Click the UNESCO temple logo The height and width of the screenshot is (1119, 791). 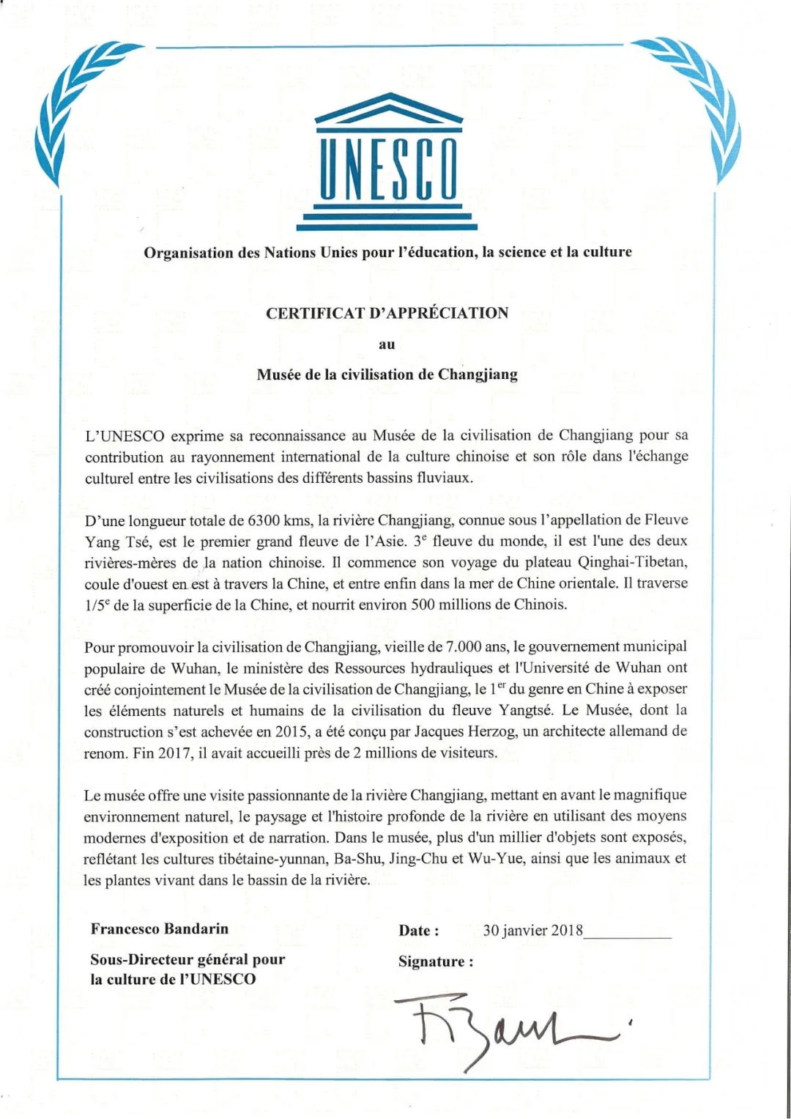[388, 161]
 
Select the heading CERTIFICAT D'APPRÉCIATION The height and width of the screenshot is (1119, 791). [387, 314]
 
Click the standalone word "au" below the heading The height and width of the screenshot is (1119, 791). [387, 344]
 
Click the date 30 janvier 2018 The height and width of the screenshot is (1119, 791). [532, 931]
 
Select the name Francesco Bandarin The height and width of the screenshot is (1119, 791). [160, 929]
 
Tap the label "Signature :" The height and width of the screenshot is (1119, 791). [436, 961]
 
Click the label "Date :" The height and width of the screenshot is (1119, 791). [419, 931]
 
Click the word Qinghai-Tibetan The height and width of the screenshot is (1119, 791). [632, 563]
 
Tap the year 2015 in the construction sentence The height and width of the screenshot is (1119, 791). [291, 731]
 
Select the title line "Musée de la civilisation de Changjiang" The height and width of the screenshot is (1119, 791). [387, 375]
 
